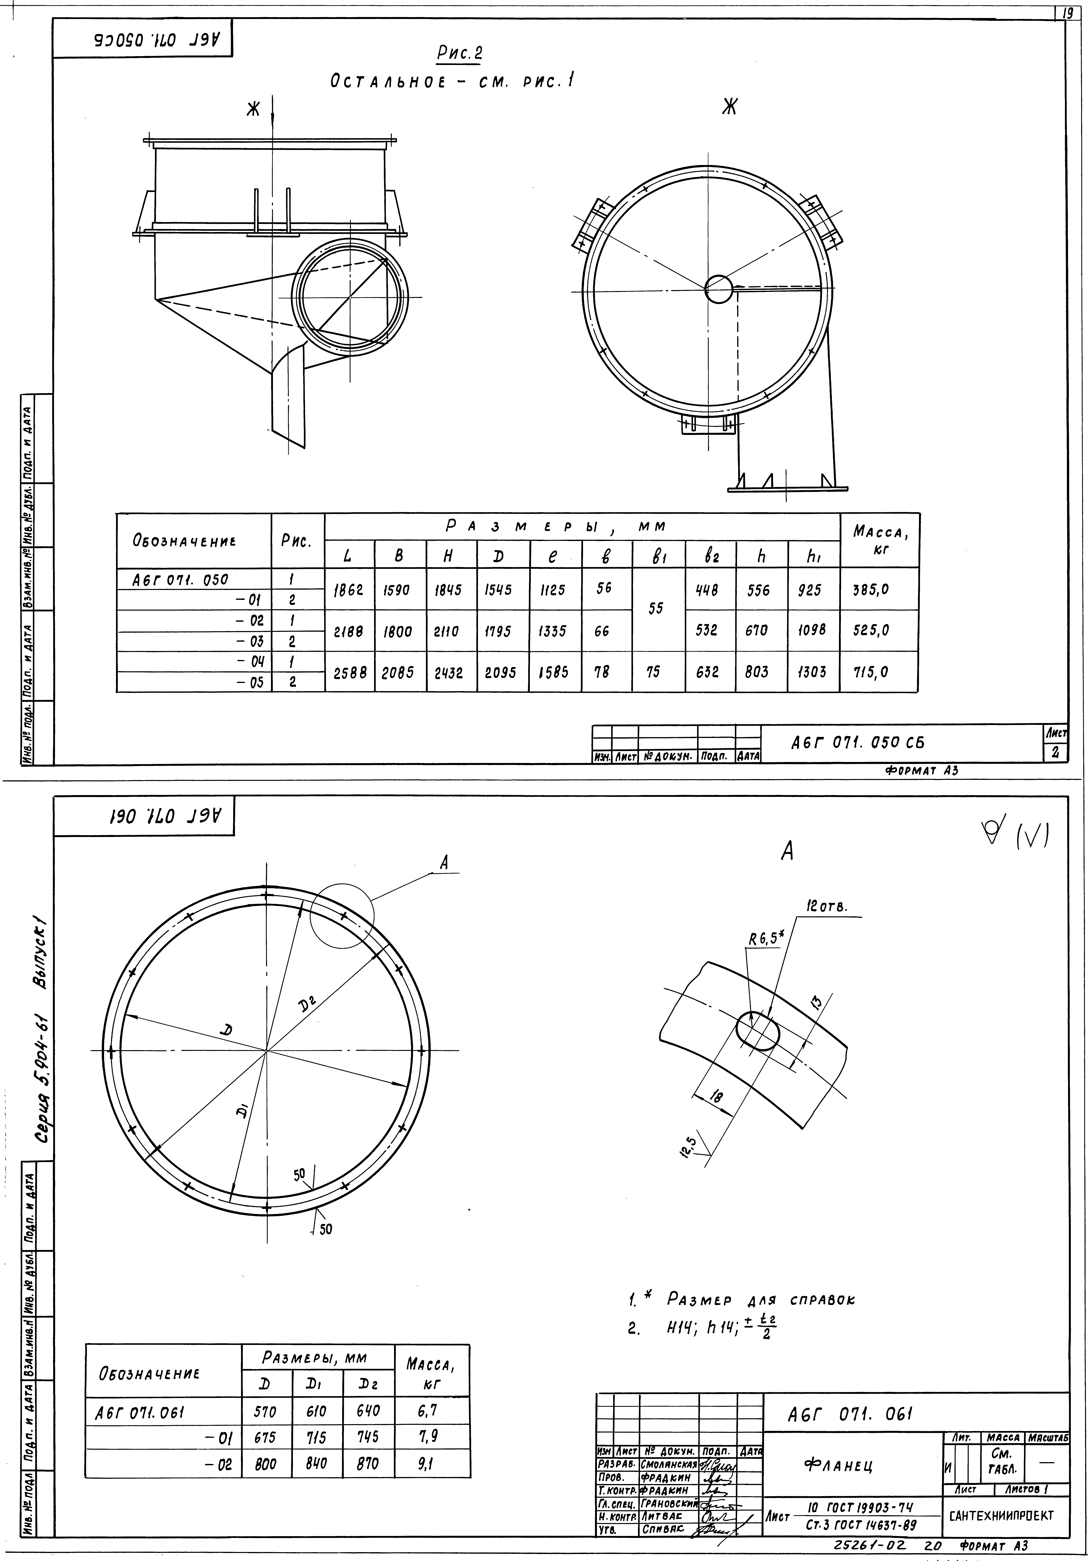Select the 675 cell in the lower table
point(266,1437)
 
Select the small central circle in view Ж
point(718,290)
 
